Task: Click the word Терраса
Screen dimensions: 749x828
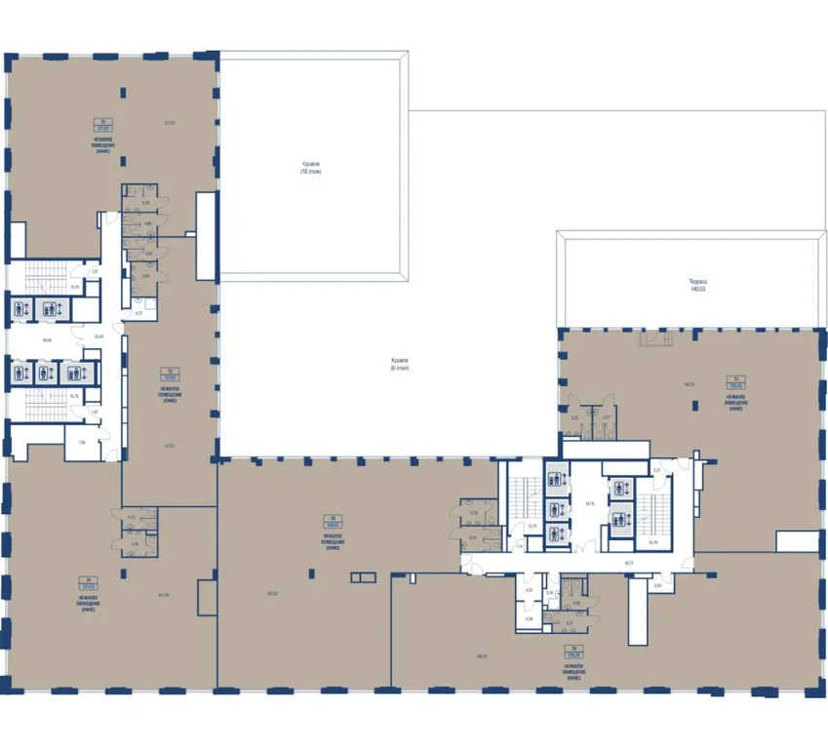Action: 696,282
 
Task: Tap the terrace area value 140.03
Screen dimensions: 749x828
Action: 696,289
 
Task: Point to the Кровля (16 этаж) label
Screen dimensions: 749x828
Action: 310,167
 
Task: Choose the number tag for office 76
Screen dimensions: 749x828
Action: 573,650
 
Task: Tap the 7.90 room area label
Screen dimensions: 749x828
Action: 81,442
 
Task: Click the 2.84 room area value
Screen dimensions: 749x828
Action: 657,585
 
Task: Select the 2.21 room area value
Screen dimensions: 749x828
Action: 657,470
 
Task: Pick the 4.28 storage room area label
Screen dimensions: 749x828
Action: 528,617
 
